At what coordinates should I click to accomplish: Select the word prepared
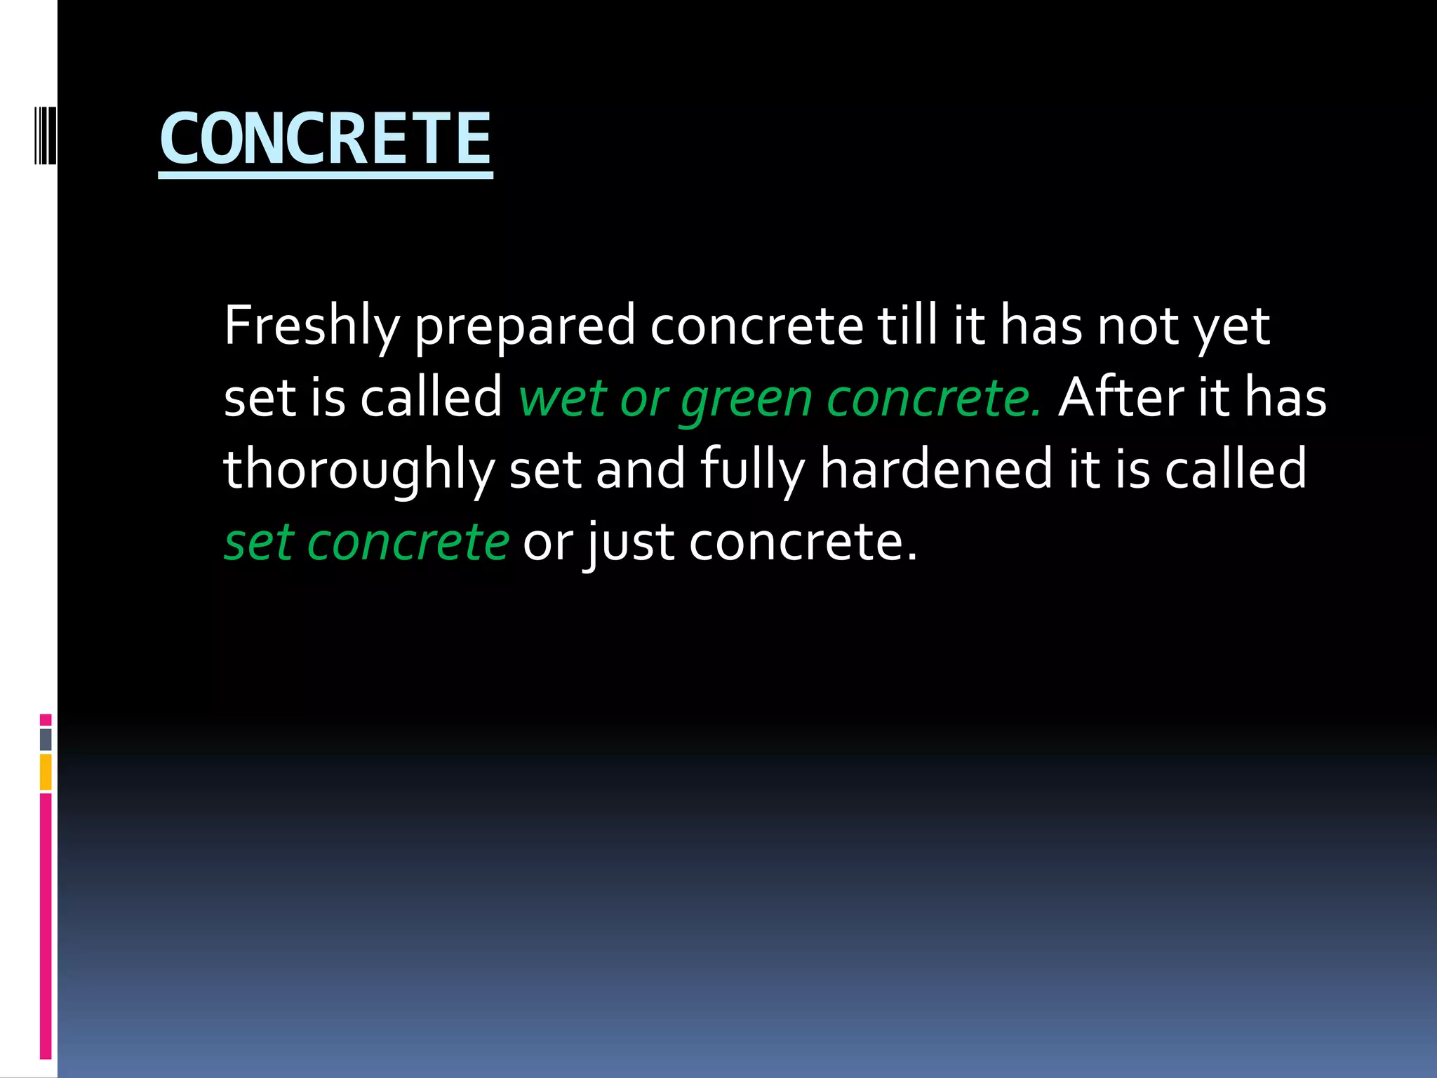[524, 326]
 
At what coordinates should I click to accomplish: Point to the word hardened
[936, 469]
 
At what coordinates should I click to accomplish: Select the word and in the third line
[640, 469]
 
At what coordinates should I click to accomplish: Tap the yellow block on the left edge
[46, 772]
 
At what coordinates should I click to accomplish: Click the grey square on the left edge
[46, 739]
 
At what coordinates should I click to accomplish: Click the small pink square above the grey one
[46, 719]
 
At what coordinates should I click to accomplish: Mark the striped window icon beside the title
[45, 135]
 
